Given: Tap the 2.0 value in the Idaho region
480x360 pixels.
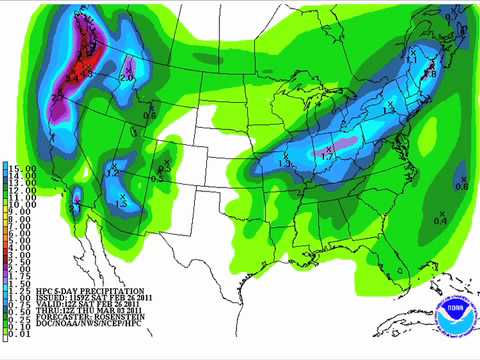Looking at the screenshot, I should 127,77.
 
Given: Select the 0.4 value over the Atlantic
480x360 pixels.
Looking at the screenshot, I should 440,219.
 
